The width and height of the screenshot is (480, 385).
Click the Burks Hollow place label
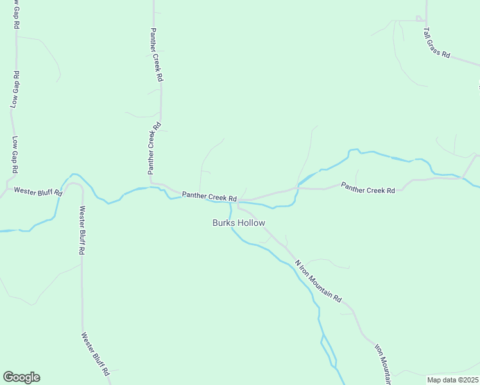click(x=239, y=223)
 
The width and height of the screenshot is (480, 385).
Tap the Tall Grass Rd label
click(x=436, y=42)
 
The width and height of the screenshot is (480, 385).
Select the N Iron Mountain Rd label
click(x=318, y=281)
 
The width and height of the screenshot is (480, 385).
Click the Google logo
click(x=21, y=377)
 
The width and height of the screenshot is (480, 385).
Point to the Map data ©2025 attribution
click(x=452, y=379)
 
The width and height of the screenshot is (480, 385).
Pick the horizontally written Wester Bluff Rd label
click(x=38, y=191)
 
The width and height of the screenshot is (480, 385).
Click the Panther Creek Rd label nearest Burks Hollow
click(x=210, y=196)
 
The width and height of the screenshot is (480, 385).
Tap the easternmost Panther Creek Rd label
click(x=368, y=187)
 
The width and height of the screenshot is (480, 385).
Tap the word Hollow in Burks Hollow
click(x=251, y=223)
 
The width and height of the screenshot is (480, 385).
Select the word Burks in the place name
click(x=224, y=223)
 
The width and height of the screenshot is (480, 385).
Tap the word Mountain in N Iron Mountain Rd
click(x=321, y=284)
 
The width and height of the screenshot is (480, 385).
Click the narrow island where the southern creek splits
click(x=328, y=350)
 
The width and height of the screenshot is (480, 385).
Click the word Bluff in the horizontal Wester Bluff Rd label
click(x=42, y=191)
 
